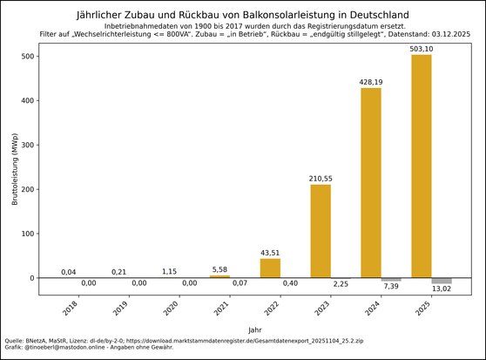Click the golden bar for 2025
coord(421,166)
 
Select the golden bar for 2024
coord(370,183)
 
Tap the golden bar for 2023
coord(321,231)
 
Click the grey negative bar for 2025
coord(442,281)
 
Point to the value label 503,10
coord(422,49)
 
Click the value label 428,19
coord(371,82)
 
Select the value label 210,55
coord(321,179)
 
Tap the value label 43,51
coord(270,253)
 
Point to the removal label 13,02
coord(442,291)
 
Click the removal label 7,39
coord(391,286)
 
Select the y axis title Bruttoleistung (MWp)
coord(14,169)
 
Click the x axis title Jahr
coord(254,329)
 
